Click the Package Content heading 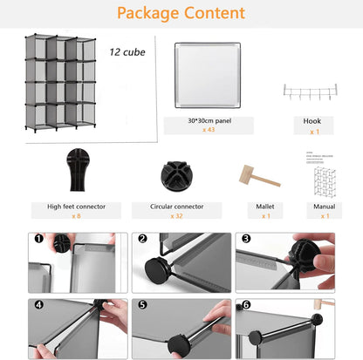[181, 13]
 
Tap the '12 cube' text [127, 51]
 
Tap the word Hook [312, 120]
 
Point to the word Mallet [266, 207]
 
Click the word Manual [325, 207]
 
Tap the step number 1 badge [38, 238]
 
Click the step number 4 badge [38, 305]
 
